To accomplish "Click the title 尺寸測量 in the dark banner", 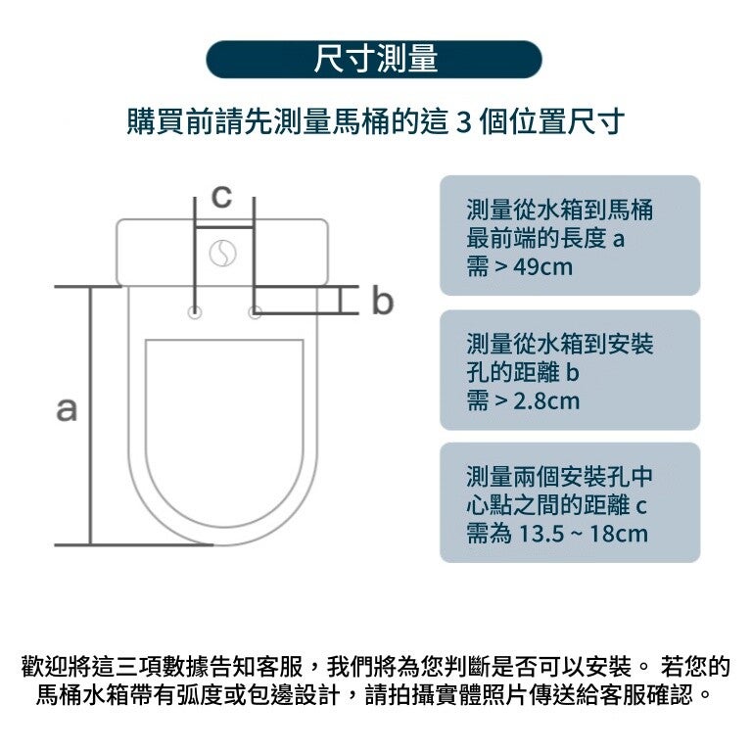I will (375, 60).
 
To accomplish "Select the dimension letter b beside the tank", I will (382, 302).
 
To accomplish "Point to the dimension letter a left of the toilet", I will (67, 409).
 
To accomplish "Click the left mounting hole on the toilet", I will (196, 313).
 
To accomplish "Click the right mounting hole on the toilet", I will (256, 313).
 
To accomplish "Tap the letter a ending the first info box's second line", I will (618, 238).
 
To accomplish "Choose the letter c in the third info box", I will (642, 506).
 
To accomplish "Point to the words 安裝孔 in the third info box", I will (596, 479).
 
